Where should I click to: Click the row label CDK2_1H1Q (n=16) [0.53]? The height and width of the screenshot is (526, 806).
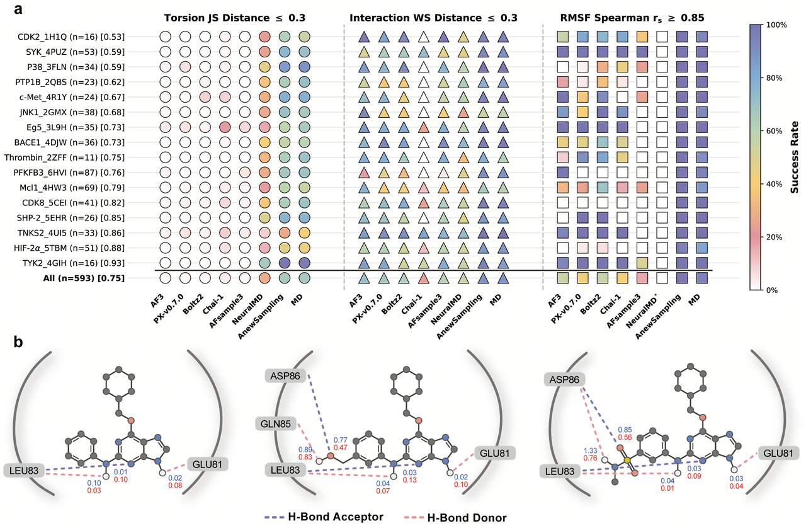pyautogui.click(x=79, y=37)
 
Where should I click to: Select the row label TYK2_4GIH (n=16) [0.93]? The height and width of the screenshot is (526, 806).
pyautogui.click(x=79, y=263)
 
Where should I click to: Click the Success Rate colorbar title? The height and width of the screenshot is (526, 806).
pyautogui.click(x=794, y=156)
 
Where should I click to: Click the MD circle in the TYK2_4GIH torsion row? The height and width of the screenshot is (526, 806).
pyautogui.click(x=305, y=263)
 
